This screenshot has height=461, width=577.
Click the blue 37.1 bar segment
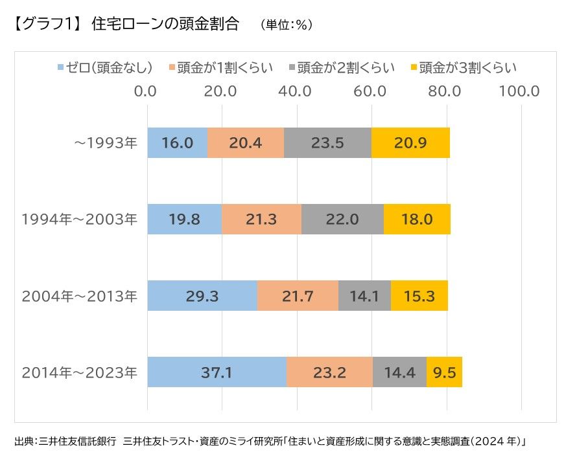coord(217,372)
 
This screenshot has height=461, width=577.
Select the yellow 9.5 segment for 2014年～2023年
coord(444,372)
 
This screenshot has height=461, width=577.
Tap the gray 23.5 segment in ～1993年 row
coord(327,143)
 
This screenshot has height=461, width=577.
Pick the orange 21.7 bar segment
coord(298,296)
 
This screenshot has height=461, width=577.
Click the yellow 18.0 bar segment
coord(417,219)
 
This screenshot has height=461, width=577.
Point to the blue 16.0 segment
coord(177,143)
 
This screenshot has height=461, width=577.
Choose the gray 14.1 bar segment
coord(364,296)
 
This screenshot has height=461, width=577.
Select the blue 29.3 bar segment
coord(202,296)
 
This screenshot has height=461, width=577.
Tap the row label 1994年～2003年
coord(80,219)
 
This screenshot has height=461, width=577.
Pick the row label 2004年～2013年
coord(80,296)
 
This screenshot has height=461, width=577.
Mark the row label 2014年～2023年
coord(80,372)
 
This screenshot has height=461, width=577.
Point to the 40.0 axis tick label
coord(296,91)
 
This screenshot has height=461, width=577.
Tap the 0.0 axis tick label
coord(147,91)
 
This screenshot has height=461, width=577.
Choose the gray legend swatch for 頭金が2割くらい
coord(292,67)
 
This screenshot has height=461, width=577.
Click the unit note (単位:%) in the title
coord(287,25)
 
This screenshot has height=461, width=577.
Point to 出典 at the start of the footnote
coord(25,442)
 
